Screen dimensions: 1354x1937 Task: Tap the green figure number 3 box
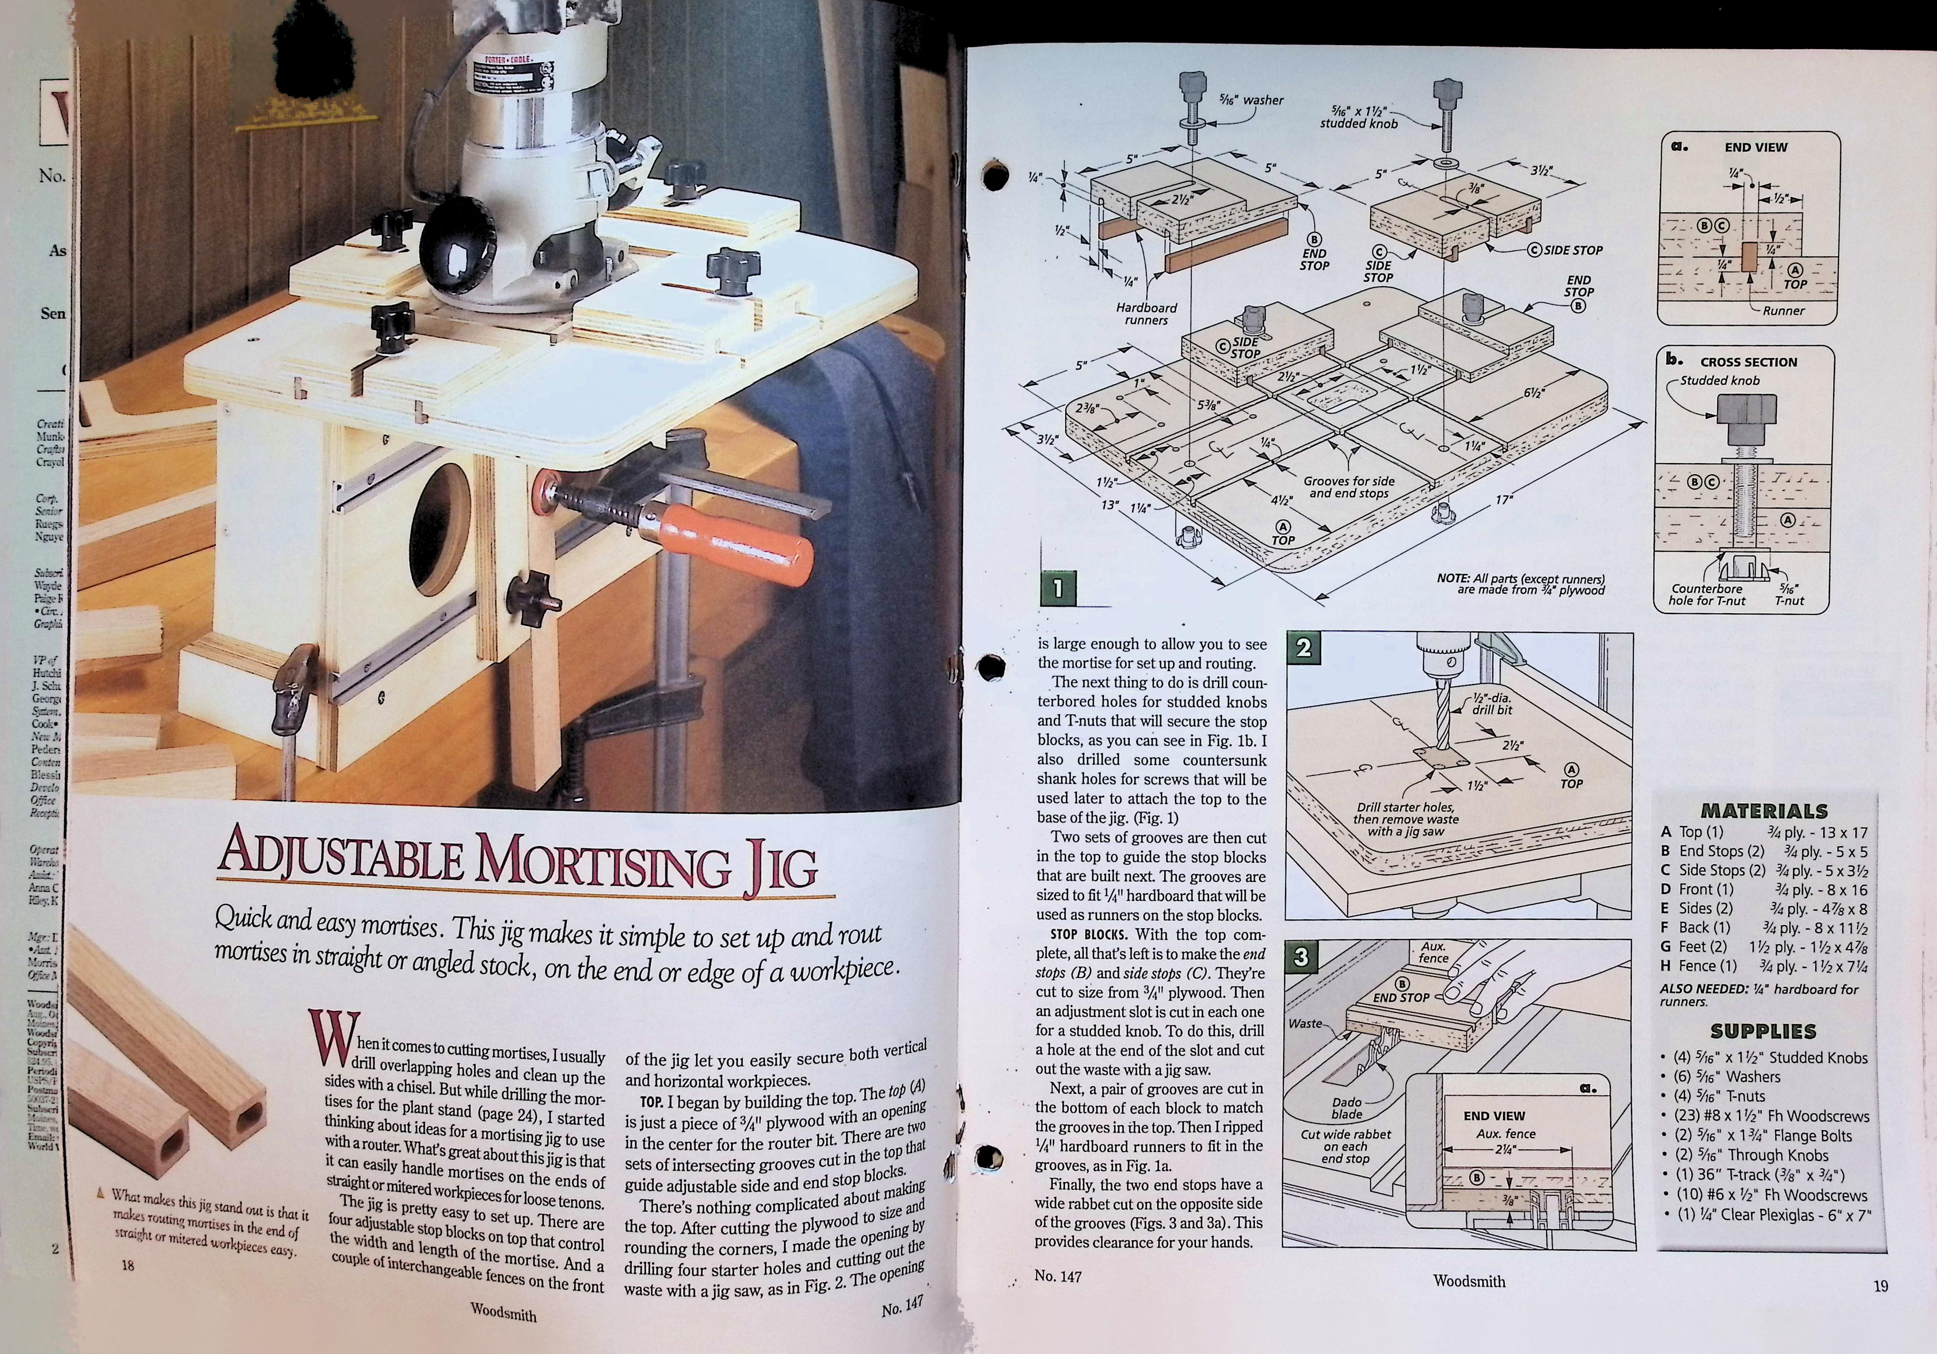(1301, 958)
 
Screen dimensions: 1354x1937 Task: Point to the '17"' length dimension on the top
(1503, 500)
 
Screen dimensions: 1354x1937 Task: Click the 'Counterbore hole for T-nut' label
(1707, 595)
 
